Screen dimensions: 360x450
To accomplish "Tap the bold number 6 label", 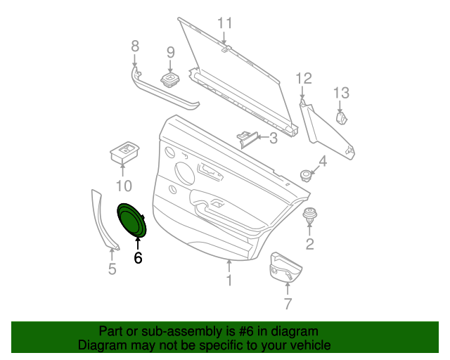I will point(138,258).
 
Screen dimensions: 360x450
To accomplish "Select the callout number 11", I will point(224,22).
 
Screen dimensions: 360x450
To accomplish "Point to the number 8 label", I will point(136,46).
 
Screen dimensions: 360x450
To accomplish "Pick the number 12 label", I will point(303,78).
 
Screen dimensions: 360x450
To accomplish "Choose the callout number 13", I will point(340,92).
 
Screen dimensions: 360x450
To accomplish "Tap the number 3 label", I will point(273,139).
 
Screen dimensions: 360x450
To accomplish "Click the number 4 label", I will point(323,162).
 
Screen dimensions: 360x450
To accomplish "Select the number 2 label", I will point(309,244).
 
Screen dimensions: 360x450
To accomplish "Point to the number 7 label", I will point(287,304).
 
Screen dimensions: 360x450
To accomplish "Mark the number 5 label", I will point(112,269).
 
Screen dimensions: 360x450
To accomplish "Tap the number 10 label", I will point(124,186).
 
